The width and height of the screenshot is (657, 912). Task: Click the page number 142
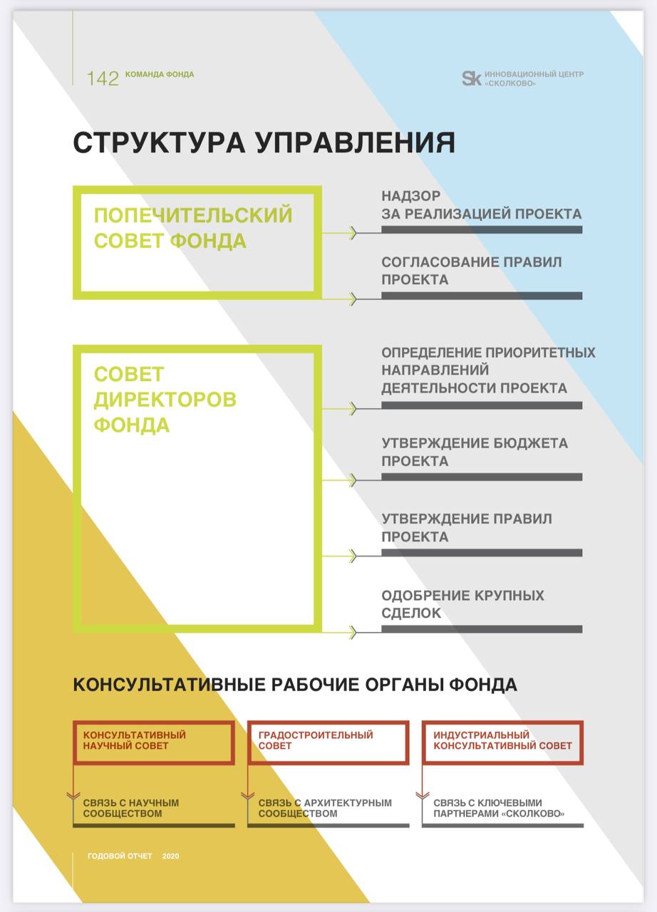pos(103,78)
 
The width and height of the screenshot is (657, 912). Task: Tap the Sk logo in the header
pos(472,78)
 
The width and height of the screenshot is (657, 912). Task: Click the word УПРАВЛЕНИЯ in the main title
pos(356,142)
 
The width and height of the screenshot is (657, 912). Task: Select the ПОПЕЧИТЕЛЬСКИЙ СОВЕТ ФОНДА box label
pos(193,228)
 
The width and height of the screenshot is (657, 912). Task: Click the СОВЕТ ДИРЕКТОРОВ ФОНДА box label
pos(165,400)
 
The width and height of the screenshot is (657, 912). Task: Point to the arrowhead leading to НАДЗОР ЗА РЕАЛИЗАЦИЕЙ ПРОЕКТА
pos(353,233)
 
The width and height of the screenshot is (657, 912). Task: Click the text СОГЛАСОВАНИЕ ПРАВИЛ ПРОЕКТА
pos(472,271)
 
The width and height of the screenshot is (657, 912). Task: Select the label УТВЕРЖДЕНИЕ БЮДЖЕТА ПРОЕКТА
pos(475,452)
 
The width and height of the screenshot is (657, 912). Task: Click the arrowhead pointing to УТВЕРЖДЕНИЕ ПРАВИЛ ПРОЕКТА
pos(353,556)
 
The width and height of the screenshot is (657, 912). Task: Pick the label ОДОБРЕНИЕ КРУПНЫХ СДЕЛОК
pos(462,603)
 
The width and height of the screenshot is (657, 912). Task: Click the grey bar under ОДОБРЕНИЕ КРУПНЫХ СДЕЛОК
pos(482,629)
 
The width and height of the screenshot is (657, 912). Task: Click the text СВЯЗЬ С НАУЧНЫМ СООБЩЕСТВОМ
pos(131,808)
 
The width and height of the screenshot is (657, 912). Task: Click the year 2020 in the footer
pos(170,856)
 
